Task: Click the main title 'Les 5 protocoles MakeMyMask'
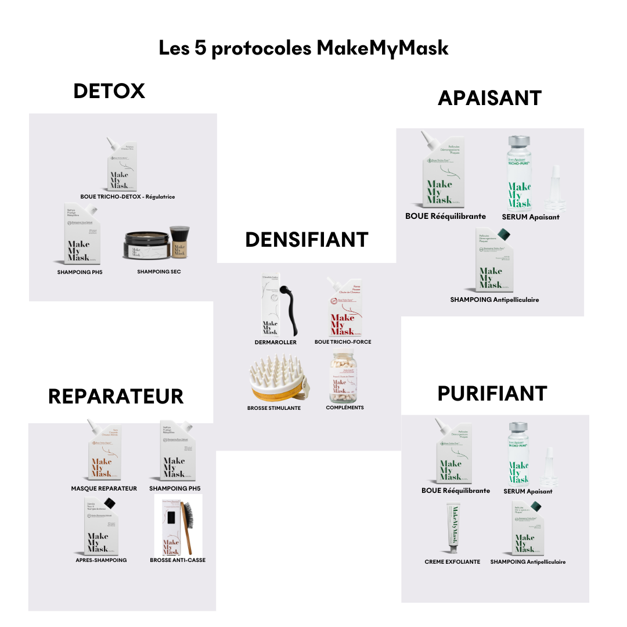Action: coord(304,48)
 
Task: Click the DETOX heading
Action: coord(109,91)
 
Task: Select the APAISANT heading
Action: coord(489,98)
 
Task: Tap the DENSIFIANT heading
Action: coord(307,239)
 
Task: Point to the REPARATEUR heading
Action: coord(116,396)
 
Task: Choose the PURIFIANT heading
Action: coord(492,393)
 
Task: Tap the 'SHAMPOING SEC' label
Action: coord(158,272)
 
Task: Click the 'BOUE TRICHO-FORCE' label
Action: coord(343,342)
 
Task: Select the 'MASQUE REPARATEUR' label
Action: coord(104,488)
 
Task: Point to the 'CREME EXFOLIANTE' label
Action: coord(452,562)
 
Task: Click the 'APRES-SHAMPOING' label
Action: coord(101,560)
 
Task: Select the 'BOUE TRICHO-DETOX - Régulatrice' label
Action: coord(128,197)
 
